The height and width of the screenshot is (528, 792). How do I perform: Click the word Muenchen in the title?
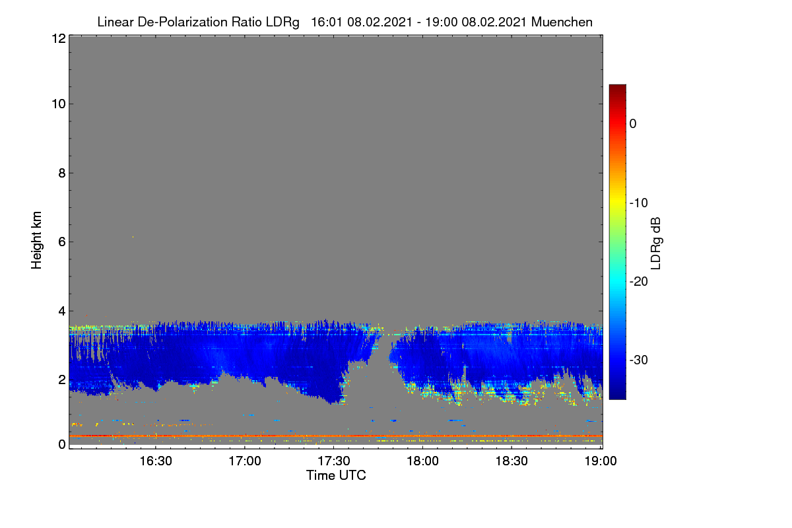pos(562,22)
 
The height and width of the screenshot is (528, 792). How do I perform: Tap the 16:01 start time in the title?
pos(326,22)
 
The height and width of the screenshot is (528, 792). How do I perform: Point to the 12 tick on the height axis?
pos(59,38)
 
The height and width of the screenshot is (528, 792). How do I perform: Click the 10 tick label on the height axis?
pos(59,104)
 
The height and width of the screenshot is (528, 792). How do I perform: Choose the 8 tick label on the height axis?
pos(62,173)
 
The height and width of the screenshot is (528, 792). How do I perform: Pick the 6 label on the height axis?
pos(62,242)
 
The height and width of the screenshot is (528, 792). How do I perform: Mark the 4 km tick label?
pos(62,312)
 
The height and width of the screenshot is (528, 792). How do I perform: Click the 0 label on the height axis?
pos(62,444)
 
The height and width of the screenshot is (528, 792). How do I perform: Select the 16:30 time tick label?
pos(156,461)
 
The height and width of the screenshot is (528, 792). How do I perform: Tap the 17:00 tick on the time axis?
pos(245,461)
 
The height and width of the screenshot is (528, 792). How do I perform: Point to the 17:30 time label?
pos(334,461)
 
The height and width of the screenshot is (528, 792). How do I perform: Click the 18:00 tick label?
pos(422,461)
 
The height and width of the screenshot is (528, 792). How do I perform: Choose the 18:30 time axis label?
pos(511,461)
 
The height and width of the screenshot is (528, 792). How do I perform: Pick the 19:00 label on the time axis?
pos(601,461)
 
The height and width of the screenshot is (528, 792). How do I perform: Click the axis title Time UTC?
pos(336,475)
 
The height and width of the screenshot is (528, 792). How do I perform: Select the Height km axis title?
pos(36,240)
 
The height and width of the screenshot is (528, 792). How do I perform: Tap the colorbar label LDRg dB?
pos(656,244)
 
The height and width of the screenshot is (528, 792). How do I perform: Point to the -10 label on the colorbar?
pos(639,203)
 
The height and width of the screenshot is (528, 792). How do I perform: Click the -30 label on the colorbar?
pos(639,360)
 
